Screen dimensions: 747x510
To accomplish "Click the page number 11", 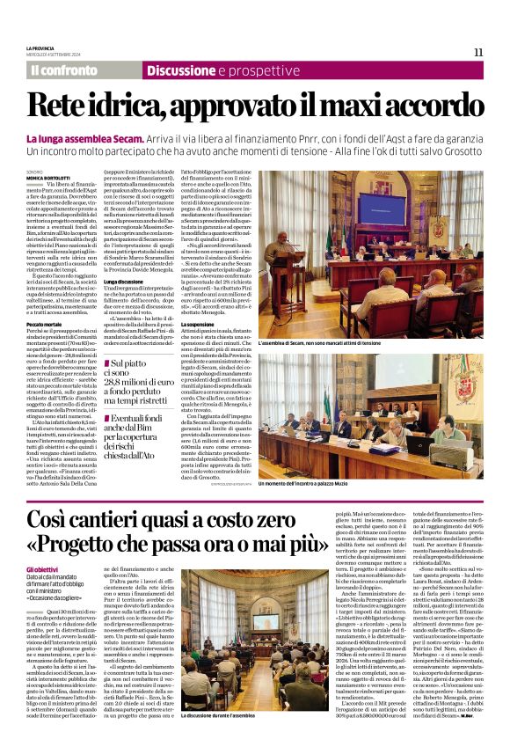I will tap(478, 52).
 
